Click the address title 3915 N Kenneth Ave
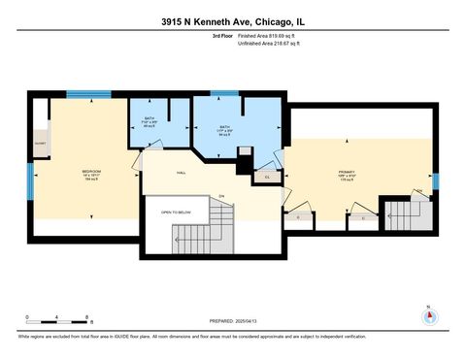(232, 19)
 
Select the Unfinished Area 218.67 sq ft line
(269, 45)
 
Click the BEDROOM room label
(91, 174)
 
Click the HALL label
(182, 172)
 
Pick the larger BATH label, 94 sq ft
(224, 131)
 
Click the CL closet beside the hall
(267, 177)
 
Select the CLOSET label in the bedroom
(41, 143)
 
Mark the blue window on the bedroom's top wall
(82, 94)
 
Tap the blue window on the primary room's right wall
(435, 180)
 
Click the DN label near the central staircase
(221, 197)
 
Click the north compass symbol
(428, 316)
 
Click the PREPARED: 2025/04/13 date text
(232, 321)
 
